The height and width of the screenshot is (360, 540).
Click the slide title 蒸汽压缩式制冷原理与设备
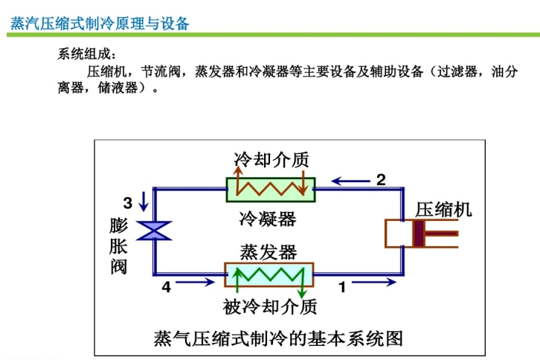[100, 23]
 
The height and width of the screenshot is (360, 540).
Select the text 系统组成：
[88, 54]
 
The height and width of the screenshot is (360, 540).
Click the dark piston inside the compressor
[420, 234]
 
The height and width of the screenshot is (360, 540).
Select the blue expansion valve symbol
[155, 231]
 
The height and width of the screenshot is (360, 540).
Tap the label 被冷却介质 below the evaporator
[270, 306]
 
